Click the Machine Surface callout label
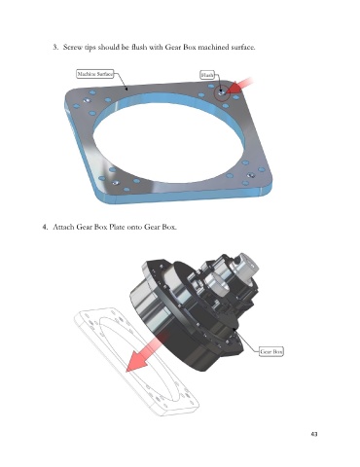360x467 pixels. point(95,74)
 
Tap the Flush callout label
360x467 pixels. point(207,75)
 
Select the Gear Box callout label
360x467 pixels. point(271,351)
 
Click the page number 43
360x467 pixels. point(314,434)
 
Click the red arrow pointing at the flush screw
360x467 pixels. point(239,86)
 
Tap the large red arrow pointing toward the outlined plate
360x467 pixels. point(146,353)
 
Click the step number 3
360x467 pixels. point(55,47)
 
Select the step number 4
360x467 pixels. point(45,227)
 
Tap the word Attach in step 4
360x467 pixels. point(63,227)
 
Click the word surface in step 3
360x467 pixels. point(243,47)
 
